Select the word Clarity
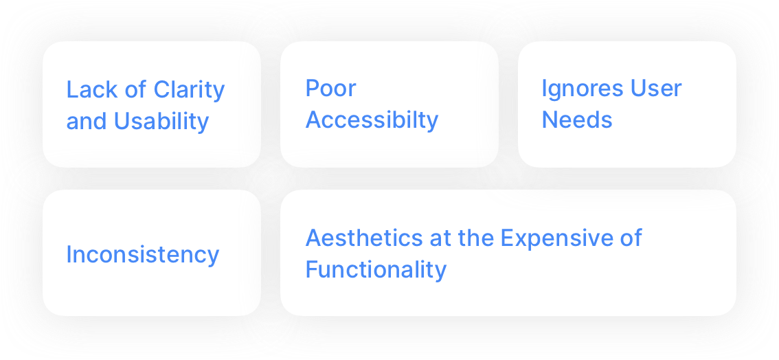tap(189, 90)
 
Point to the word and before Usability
tap(86, 122)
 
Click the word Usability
tap(161, 122)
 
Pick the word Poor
tap(330, 89)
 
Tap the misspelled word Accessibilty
tap(372, 120)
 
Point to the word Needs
tap(576, 120)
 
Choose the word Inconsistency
tap(143, 255)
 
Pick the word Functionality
tap(376, 269)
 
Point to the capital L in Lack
tap(71, 90)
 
